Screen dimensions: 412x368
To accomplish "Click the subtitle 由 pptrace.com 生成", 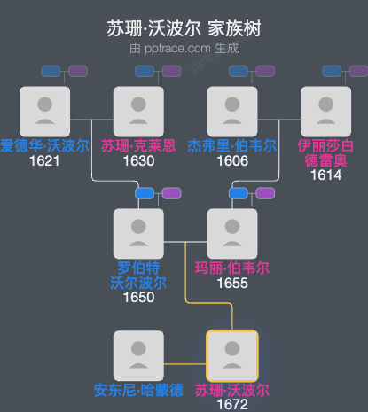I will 184,48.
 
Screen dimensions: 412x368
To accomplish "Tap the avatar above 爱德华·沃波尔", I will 44,111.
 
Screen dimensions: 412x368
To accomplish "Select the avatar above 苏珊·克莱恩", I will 138,111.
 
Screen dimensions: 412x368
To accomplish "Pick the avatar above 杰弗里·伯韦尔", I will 231,111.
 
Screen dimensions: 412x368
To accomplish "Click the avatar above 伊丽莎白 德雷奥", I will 325,111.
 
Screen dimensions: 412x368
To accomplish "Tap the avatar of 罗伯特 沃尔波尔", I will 138,234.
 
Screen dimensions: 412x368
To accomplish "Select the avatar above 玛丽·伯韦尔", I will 231,234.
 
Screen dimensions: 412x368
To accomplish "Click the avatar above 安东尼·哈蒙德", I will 138,355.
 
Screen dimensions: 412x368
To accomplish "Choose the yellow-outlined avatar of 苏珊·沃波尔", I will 231,355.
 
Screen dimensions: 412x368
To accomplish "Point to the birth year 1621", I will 44,160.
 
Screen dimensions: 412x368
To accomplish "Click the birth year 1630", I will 138,160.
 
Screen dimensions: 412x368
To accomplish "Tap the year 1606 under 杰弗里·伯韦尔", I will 231,160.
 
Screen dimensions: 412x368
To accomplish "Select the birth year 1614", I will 325,175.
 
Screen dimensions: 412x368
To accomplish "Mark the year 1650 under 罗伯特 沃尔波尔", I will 138,297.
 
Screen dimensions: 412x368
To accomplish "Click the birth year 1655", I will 231,283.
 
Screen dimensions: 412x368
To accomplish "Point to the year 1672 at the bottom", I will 231,404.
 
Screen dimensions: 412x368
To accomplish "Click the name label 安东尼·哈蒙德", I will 138,390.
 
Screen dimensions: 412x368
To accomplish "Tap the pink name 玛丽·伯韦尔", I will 231,268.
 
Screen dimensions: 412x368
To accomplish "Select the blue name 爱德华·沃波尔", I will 44,145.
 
